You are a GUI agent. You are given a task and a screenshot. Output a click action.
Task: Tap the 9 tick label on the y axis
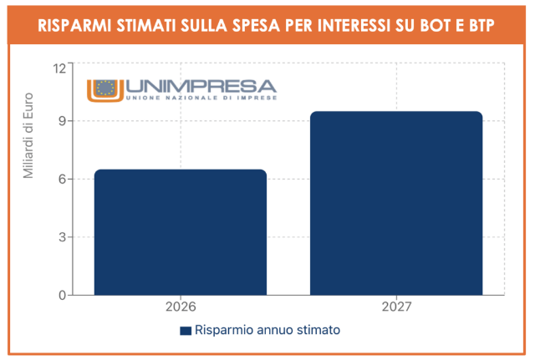(63, 121)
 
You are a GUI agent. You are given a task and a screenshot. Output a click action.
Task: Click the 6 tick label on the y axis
(63, 179)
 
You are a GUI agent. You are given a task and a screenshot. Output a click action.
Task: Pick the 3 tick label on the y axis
(63, 237)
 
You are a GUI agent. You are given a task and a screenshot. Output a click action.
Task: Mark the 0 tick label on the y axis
(63, 295)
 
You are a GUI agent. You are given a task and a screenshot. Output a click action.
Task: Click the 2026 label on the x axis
(180, 307)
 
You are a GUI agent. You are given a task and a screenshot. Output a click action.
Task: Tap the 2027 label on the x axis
(396, 307)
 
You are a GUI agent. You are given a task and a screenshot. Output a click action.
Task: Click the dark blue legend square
(186, 331)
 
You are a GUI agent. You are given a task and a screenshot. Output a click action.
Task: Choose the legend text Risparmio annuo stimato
(267, 331)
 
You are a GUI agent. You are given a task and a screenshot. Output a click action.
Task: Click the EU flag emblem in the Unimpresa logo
(105, 87)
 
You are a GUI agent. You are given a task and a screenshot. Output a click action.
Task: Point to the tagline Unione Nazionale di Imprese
(201, 99)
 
